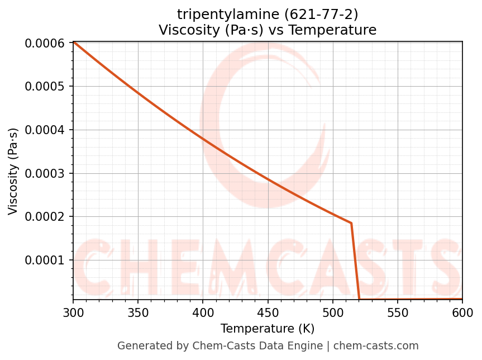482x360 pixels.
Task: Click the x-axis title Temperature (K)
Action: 268,328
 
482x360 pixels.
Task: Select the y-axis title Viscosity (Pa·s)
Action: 13,171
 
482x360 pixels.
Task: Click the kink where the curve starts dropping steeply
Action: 351,223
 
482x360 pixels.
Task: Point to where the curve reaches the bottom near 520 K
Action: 359,299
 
